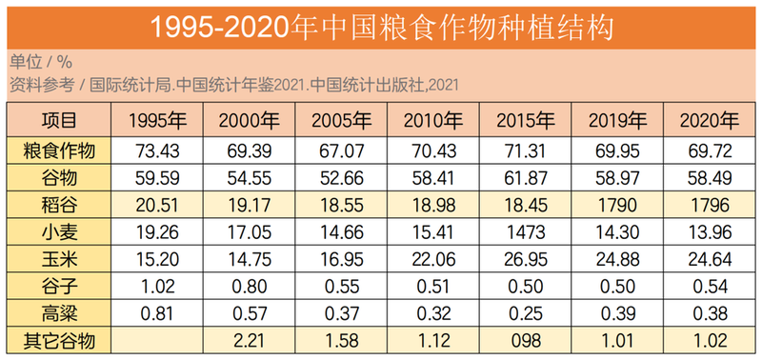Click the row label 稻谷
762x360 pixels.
[58, 204]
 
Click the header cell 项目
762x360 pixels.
[58, 121]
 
